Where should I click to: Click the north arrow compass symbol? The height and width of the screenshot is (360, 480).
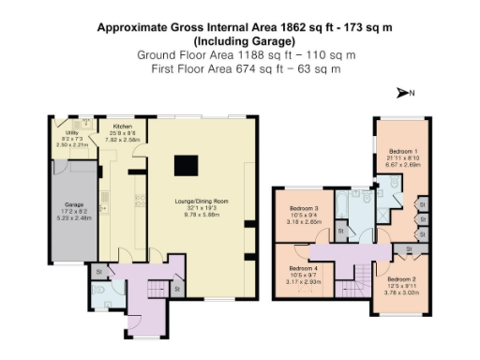coord(405,92)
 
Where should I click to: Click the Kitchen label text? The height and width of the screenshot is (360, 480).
coord(123,126)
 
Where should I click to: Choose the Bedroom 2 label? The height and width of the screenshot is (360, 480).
coord(402,278)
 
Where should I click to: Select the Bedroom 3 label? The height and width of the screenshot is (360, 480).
coord(304,208)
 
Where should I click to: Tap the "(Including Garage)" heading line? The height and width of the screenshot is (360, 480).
coord(240,42)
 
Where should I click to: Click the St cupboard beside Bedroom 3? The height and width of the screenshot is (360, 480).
coord(340,230)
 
